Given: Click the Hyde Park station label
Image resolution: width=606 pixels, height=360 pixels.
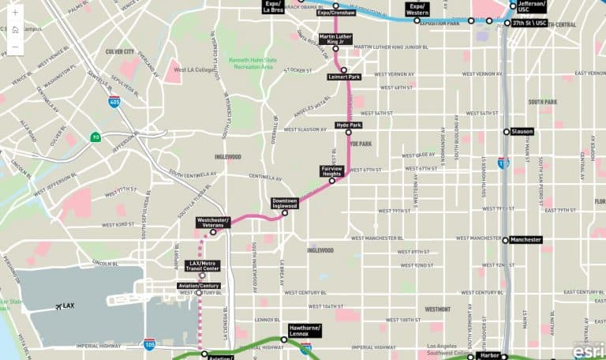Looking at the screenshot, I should click(x=349, y=125).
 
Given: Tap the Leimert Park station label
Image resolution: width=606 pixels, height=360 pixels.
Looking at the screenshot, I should click(x=344, y=77).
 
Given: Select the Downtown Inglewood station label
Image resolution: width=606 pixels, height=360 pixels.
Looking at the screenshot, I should click(x=285, y=204).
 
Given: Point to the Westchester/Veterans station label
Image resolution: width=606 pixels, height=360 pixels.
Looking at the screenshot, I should click(x=212, y=223).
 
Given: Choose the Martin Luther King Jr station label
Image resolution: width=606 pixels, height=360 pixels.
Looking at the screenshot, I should click(x=336, y=39).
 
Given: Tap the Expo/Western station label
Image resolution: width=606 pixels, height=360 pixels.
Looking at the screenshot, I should click(x=417, y=9).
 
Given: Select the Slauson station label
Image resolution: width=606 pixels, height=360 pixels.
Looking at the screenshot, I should click(x=522, y=131).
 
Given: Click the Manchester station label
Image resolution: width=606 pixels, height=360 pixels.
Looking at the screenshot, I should click(x=526, y=239).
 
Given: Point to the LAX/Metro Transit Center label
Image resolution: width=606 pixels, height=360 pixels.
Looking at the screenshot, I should click(x=204, y=265).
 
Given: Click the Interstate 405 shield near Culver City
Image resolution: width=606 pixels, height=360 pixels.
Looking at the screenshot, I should click(x=114, y=102).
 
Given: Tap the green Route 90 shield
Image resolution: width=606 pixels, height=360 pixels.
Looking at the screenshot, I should click(x=95, y=137).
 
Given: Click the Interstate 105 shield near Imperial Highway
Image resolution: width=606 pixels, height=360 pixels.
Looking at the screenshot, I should click(x=149, y=343).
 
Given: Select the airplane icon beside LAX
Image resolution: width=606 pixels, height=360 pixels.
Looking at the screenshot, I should click(x=58, y=306).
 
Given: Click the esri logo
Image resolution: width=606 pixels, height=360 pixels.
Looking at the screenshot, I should click(x=588, y=349).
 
